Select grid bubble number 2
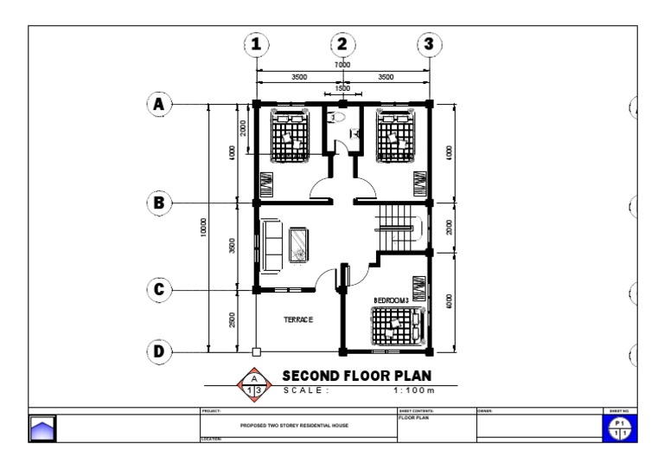342,44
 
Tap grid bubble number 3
429,44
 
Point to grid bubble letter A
158,105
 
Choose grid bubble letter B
158,203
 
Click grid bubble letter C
158,289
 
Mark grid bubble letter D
158,351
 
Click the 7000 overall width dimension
342,66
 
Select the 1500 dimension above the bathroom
342,87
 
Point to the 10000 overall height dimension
203,229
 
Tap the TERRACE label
298,319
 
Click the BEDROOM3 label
391,300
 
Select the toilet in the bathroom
339,116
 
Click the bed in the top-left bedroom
289,136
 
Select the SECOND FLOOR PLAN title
356,376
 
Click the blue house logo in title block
42,428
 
